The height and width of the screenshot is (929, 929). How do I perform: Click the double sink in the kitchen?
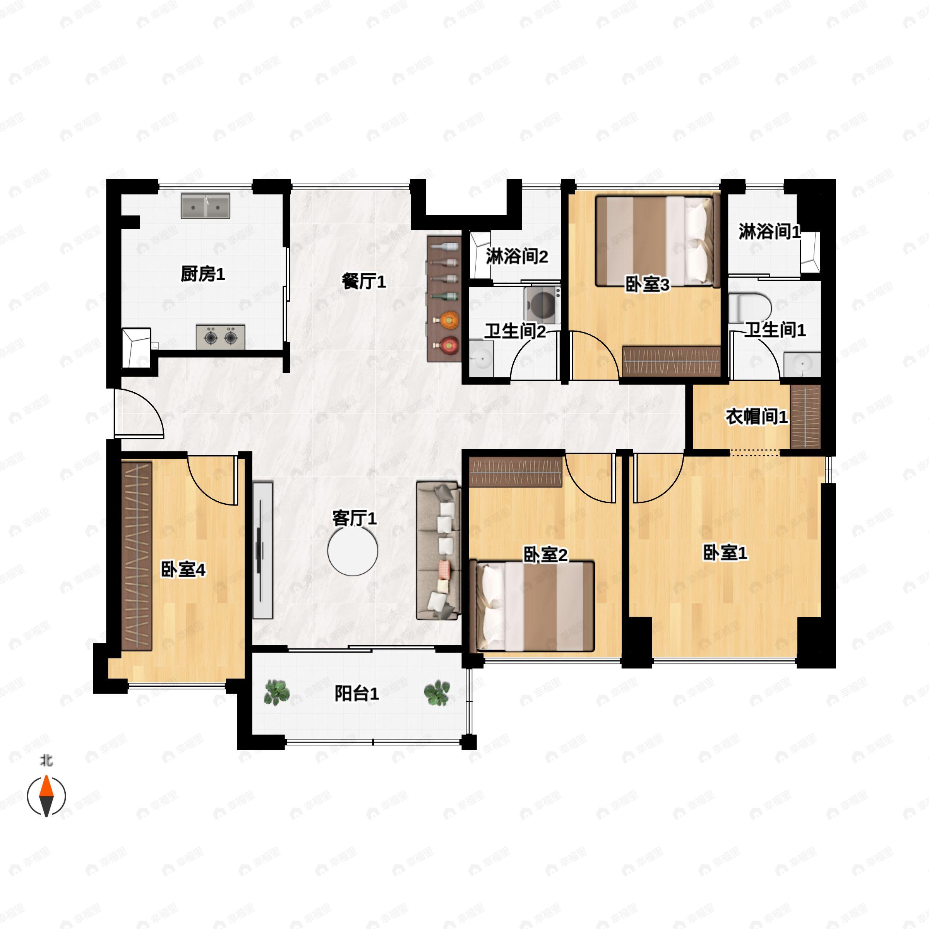tap(205, 206)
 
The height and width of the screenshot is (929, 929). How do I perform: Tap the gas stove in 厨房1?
tap(221, 337)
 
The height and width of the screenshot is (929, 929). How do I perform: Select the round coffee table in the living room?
tap(353, 551)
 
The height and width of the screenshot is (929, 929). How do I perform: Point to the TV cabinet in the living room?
tap(262, 550)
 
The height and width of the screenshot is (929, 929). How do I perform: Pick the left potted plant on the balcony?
tap(277, 692)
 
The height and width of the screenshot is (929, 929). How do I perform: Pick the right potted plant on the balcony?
tap(437, 692)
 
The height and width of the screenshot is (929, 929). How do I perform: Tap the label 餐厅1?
tap(364, 281)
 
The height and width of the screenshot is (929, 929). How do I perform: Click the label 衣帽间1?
tap(756, 417)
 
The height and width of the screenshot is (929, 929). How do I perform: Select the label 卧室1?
tap(725, 553)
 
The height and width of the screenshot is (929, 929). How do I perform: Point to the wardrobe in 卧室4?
tap(137, 556)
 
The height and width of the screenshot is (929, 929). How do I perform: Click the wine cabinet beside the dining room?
tap(443, 298)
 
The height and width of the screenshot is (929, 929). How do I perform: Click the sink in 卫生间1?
tap(802, 365)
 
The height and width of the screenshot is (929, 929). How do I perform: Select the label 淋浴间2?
tap(517, 256)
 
